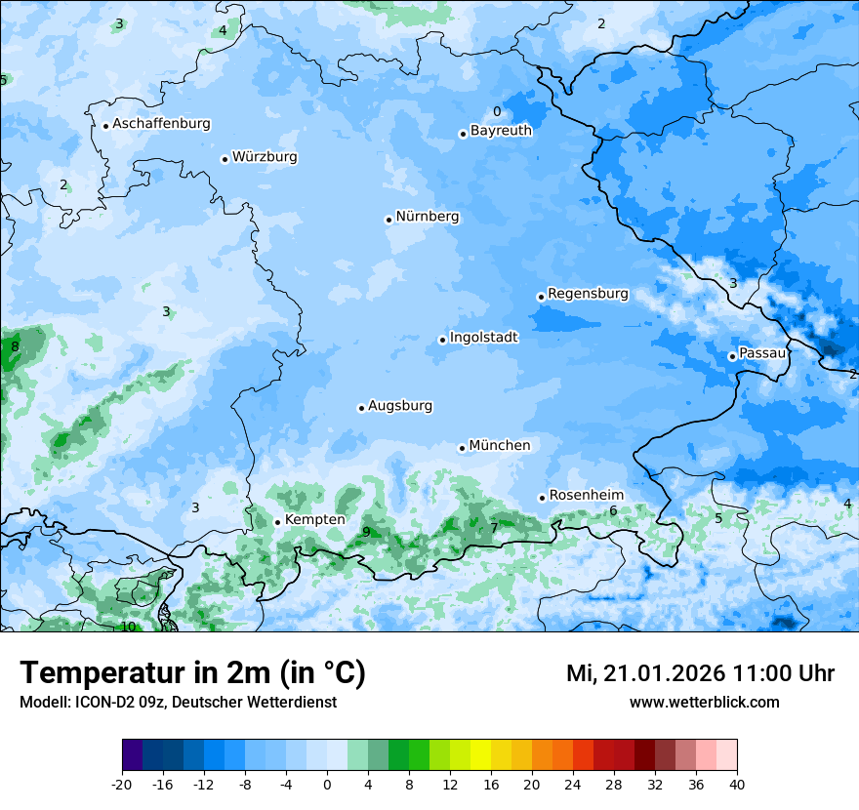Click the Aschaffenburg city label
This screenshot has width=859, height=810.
(x=161, y=124)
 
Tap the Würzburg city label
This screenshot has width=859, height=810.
(x=265, y=157)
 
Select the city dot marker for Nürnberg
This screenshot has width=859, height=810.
(x=389, y=220)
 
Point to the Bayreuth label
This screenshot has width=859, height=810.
(x=501, y=131)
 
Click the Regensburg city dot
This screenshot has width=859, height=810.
(x=541, y=297)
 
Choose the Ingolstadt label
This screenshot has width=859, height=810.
(x=483, y=338)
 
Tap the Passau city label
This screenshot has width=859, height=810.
(x=762, y=353)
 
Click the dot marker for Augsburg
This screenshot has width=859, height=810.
(x=361, y=408)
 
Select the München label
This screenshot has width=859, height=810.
(x=500, y=446)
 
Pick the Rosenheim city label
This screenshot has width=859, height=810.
(x=586, y=496)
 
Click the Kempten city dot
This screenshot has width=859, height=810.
(x=277, y=522)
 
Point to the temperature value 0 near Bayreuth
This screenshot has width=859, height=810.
(x=496, y=112)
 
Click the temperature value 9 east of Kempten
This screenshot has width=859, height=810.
(x=366, y=532)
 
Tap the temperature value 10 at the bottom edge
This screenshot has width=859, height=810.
(x=128, y=627)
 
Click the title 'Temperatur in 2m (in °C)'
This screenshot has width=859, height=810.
(x=192, y=673)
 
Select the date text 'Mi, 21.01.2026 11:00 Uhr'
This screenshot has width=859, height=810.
(x=700, y=673)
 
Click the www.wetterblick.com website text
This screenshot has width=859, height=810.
(x=704, y=703)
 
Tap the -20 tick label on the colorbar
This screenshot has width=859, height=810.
(x=122, y=785)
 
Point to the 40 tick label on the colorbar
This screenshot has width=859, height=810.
(x=737, y=785)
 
